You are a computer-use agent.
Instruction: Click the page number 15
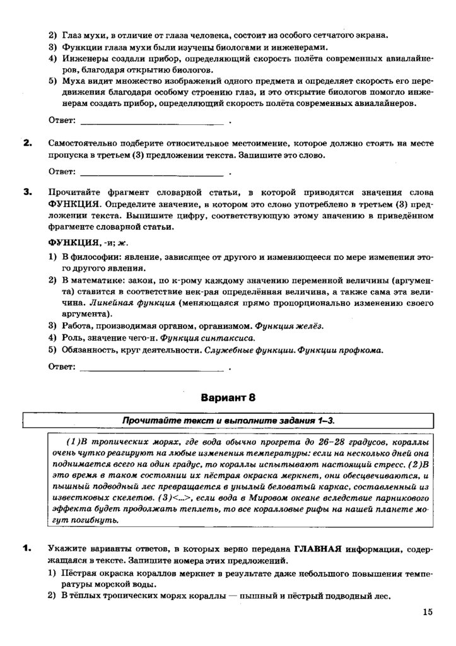tap(428, 611)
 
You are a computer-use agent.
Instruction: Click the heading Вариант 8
tap(228, 397)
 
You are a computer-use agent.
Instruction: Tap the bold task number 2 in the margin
tap(27, 143)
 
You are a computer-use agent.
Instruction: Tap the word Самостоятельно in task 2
tap(88, 143)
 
